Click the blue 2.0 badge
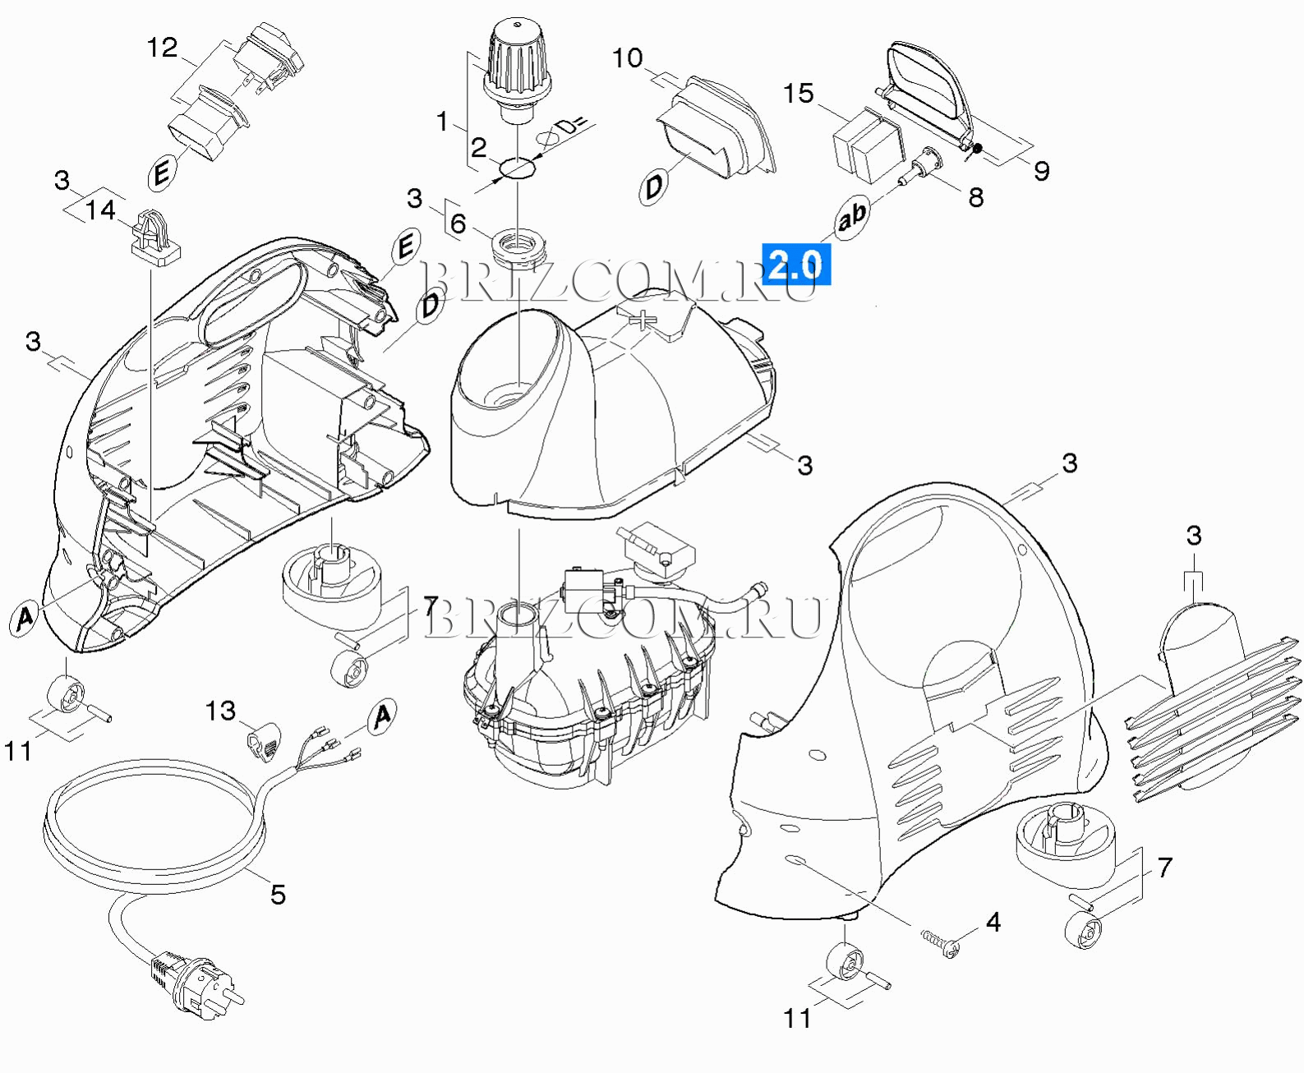(795, 265)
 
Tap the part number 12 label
(162, 48)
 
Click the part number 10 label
(627, 58)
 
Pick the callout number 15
(798, 94)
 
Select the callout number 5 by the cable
(278, 894)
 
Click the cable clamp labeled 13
(262, 738)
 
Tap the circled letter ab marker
(851, 218)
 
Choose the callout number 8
(975, 197)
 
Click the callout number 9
(1041, 171)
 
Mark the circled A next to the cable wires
(382, 717)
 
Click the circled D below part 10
(653, 187)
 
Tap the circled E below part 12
(163, 173)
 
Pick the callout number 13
(220, 711)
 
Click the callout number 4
(993, 923)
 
